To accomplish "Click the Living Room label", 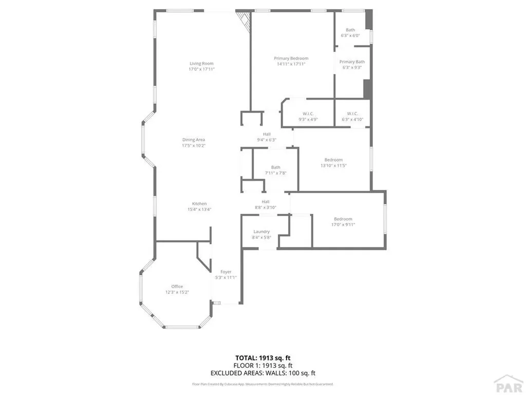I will click(x=201, y=63).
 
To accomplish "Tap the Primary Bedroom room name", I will click(x=291, y=58).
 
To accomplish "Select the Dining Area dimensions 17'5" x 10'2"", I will click(x=194, y=146).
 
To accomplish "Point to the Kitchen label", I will click(x=199, y=204).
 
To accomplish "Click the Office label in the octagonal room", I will click(x=177, y=286).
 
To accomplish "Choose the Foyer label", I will click(x=226, y=272).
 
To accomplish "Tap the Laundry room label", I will click(x=261, y=231).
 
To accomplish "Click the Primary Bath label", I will click(x=352, y=62).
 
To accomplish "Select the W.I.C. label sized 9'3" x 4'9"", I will click(x=308, y=114).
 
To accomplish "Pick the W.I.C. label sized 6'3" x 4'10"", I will click(x=352, y=114).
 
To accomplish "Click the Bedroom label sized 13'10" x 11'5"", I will click(x=333, y=159).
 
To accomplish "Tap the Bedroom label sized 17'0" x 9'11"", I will click(x=343, y=219).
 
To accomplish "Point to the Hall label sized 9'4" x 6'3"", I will click(x=267, y=134).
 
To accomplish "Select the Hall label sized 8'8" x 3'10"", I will click(x=266, y=202).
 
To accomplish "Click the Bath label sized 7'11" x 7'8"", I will click(x=276, y=167).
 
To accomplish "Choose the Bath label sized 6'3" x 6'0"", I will click(x=350, y=30).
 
